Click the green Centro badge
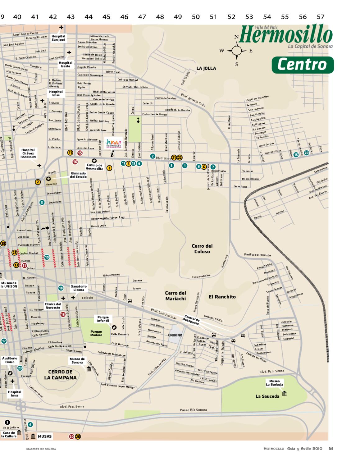click(x=303, y=65)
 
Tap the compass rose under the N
click(x=236, y=51)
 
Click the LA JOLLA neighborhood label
click(x=206, y=68)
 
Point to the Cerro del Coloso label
click(x=202, y=249)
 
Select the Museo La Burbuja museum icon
click(x=284, y=394)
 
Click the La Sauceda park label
click(x=267, y=396)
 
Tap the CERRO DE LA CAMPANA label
click(x=60, y=375)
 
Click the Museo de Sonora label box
click(x=77, y=361)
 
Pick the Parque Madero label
click(x=96, y=333)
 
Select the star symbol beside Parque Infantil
click(x=114, y=327)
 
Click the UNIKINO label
click(x=175, y=336)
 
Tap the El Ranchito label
click(x=222, y=297)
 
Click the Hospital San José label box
click(x=58, y=38)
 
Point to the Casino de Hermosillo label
click(x=94, y=167)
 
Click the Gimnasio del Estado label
click(x=78, y=175)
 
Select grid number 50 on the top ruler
click(x=195, y=17)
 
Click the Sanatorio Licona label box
click(x=79, y=288)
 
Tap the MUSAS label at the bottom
click(x=45, y=436)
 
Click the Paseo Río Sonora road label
click(x=193, y=410)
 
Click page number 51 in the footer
click(x=331, y=448)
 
